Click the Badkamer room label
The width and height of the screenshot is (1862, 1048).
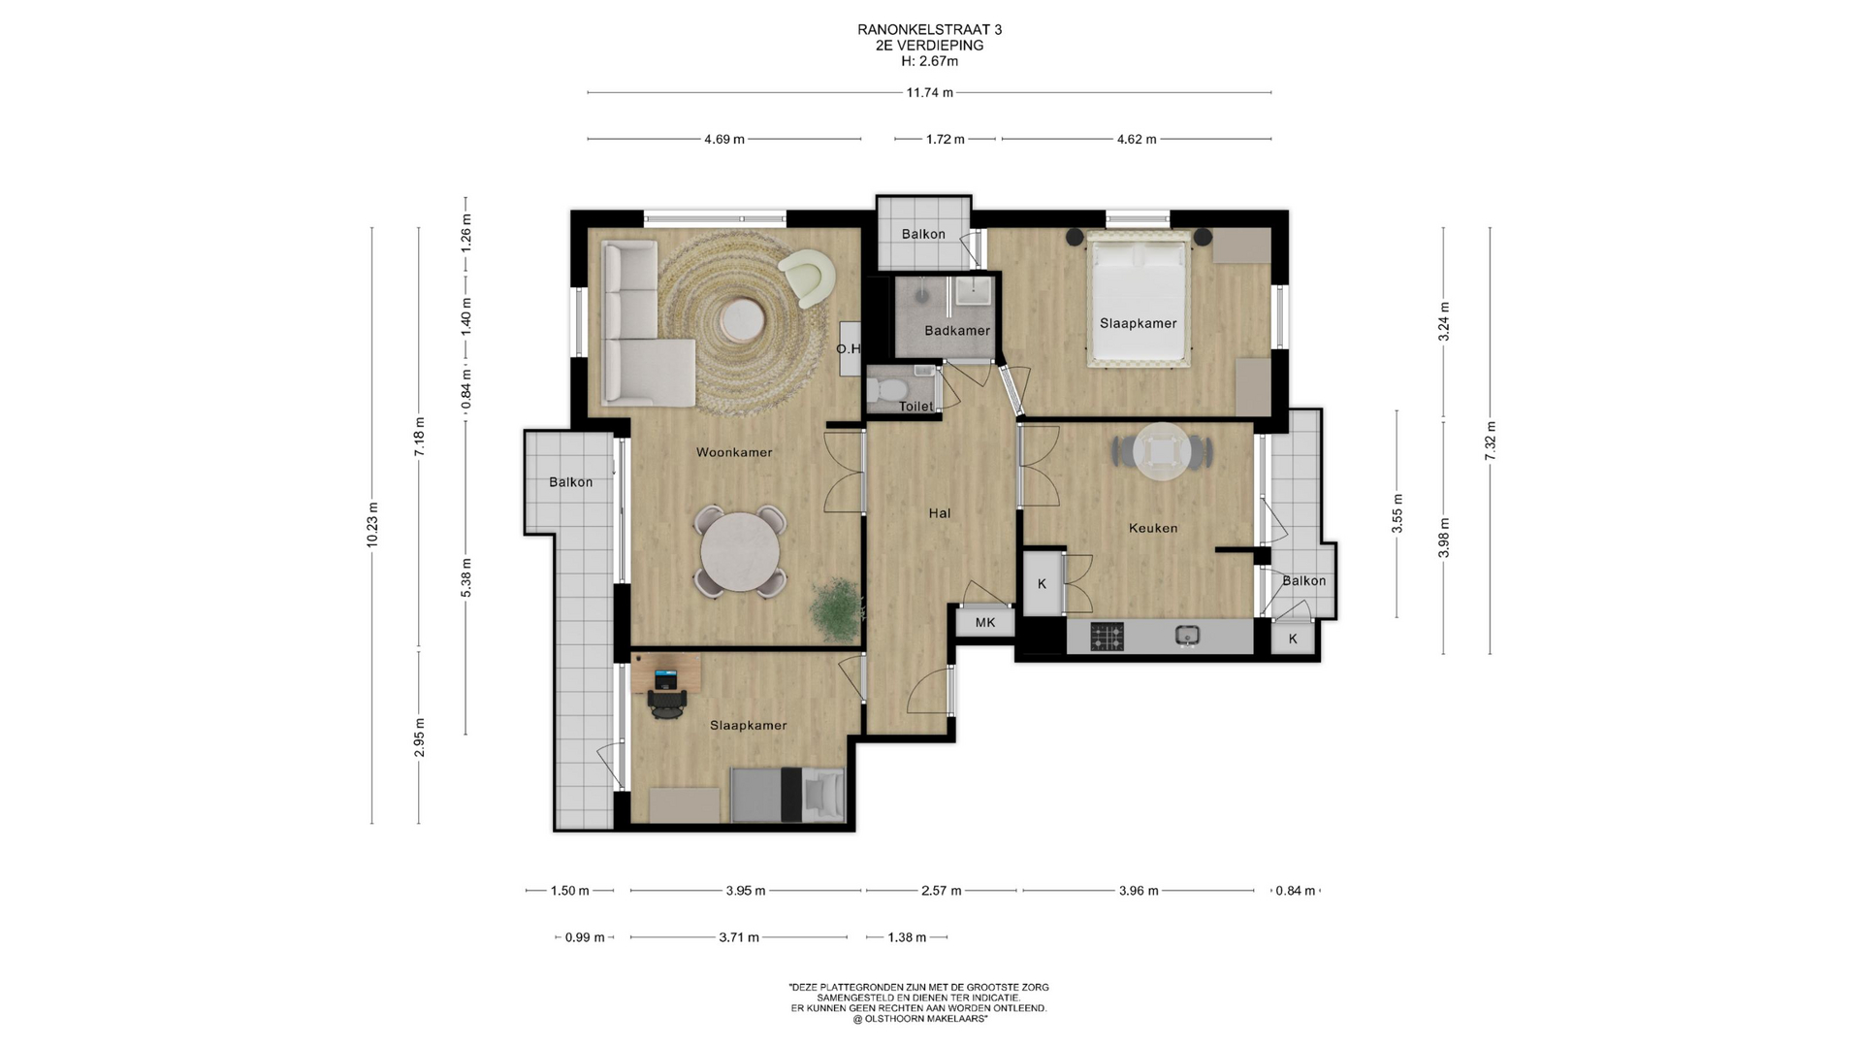point(957,331)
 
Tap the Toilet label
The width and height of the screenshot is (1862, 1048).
point(915,407)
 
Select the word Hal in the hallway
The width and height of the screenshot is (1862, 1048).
point(939,513)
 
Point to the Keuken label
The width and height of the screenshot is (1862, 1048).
point(1153,529)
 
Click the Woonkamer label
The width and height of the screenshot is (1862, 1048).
point(734,452)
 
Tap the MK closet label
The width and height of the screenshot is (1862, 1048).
point(985,623)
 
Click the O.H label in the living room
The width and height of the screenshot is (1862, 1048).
point(848,349)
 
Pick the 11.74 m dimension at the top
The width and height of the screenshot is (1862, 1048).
point(929,93)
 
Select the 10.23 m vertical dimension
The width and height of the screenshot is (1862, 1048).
point(372,525)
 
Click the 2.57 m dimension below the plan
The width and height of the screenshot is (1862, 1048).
point(941,891)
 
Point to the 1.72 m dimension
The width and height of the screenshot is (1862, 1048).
point(945,140)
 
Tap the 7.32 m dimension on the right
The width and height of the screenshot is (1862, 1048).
point(1491,441)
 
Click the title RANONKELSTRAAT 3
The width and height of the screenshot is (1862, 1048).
point(929,30)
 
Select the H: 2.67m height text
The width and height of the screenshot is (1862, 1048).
point(929,61)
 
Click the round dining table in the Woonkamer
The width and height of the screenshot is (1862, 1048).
point(740,550)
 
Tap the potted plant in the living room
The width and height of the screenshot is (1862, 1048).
point(834,608)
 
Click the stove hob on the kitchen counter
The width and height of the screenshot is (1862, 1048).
point(1107,637)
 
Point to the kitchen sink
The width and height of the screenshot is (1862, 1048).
point(1187,636)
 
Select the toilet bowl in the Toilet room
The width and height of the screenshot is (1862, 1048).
point(885,390)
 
